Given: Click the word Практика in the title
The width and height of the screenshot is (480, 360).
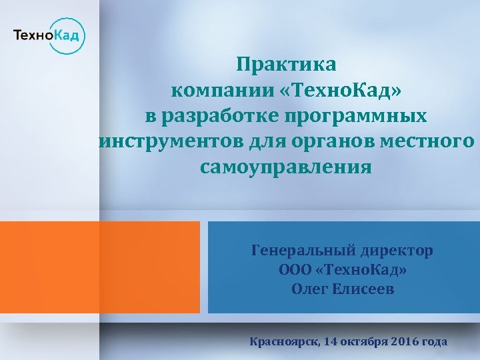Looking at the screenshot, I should tap(287, 65).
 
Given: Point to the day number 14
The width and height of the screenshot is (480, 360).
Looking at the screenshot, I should tap(330, 342).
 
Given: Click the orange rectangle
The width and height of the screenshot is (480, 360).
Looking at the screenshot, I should tap(100, 267).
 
